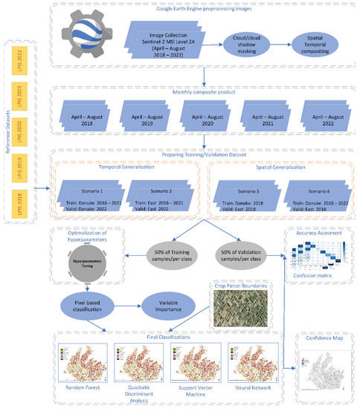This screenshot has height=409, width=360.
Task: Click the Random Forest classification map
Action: point(80,362)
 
